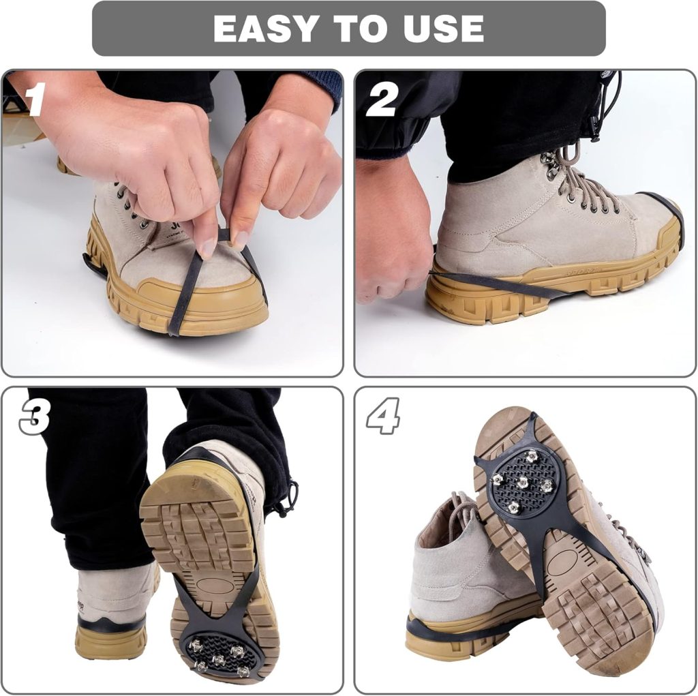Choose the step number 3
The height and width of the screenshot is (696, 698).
click(34, 417)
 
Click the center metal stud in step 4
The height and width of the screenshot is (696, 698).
click(522, 483)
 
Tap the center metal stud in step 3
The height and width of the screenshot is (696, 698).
click(218, 659)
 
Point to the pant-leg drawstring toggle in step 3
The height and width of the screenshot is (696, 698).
click(291, 495)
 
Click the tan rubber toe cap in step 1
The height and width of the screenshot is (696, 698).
click(204, 300)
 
